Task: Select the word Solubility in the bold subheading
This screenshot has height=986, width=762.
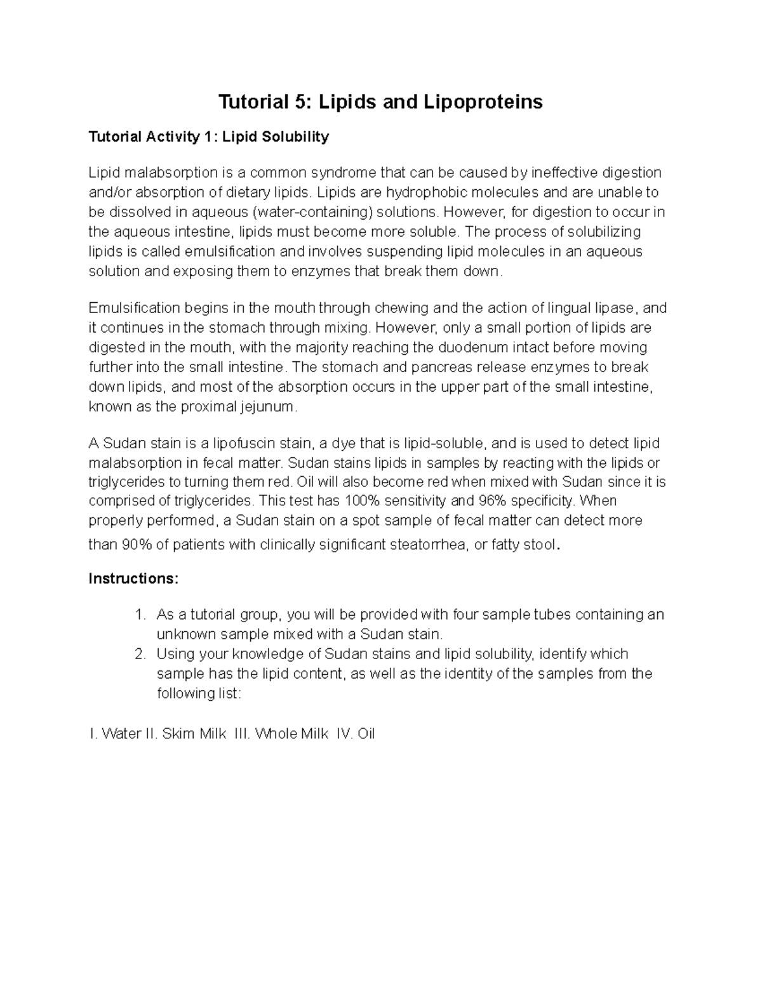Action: coord(298,137)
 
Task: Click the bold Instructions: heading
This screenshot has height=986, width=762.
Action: coord(134,578)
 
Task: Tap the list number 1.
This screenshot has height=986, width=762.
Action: coord(140,615)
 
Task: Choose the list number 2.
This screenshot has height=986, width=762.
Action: coord(140,653)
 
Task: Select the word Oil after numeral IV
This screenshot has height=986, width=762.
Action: coord(366,734)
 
